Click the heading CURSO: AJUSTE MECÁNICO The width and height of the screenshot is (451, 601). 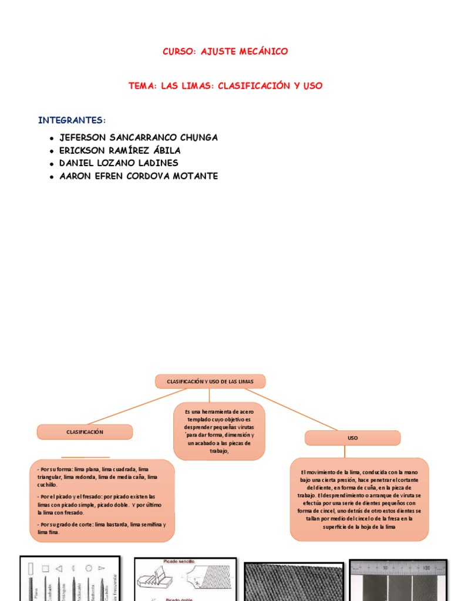tap(225, 52)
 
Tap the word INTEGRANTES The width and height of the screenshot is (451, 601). tap(70, 120)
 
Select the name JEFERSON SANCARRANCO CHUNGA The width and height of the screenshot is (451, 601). tap(139, 137)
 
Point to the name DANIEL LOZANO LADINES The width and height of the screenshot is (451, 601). tap(119, 163)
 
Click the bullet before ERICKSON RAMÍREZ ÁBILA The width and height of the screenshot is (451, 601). tap(52, 151)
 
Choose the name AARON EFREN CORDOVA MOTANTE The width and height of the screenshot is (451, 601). tap(139, 176)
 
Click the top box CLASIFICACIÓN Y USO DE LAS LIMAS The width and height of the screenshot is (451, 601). tap(210, 381)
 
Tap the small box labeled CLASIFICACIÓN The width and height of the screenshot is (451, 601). tap(85, 432)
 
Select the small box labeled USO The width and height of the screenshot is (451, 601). tap(352, 438)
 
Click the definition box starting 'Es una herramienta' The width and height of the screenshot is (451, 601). tap(219, 431)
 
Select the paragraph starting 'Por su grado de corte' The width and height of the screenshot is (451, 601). tap(102, 528)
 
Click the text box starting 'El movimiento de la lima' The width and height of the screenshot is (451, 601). tap(359, 499)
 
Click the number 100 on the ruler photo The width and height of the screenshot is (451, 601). tap(426, 568)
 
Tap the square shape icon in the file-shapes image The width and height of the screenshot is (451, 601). tap(45, 568)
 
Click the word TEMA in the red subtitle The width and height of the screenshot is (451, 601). tap(142, 86)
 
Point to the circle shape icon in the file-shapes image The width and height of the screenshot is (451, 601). tap(89, 568)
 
